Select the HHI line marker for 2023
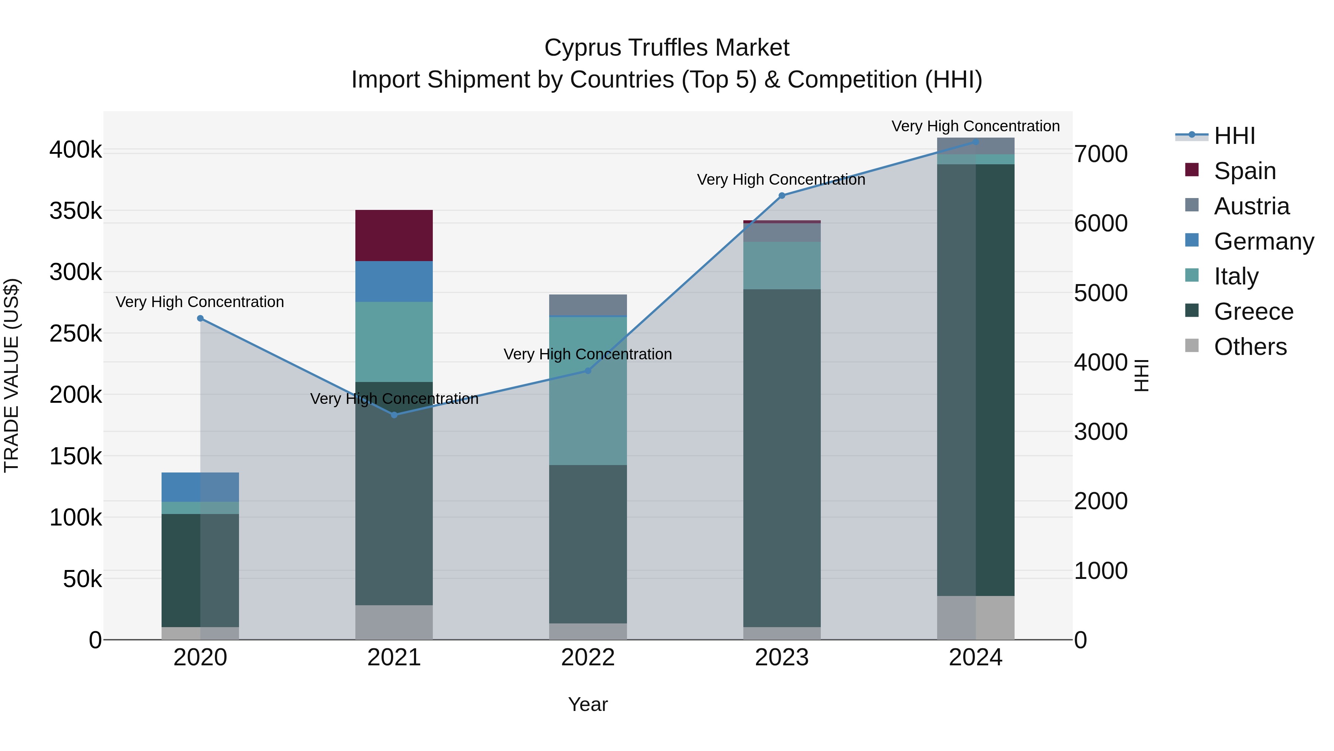(x=782, y=195)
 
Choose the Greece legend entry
(x=1253, y=312)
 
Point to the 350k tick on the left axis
(x=76, y=211)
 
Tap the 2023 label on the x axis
(x=782, y=658)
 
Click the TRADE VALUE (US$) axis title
(x=11, y=375)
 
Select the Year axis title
(x=588, y=704)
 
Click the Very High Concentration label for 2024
(x=975, y=126)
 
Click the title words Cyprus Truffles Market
(x=667, y=48)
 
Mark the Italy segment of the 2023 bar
(x=782, y=266)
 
